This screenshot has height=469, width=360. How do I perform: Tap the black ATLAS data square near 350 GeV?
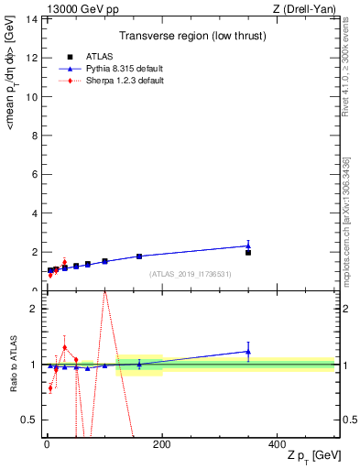[x=248, y=252]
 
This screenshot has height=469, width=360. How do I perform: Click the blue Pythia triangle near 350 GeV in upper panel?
[x=248, y=245]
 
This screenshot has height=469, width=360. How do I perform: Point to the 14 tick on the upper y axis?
[x=32, y=18]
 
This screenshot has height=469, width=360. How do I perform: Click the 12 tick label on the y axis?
[x=32, y=57]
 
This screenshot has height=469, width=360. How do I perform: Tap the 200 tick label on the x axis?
[x=161, y=443]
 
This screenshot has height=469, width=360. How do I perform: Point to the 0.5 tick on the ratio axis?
[x=30, y=420]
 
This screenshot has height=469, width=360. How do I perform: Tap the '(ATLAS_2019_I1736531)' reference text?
[x=190, y=274]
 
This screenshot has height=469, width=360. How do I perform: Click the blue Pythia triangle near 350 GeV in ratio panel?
[x=248, y=351]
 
